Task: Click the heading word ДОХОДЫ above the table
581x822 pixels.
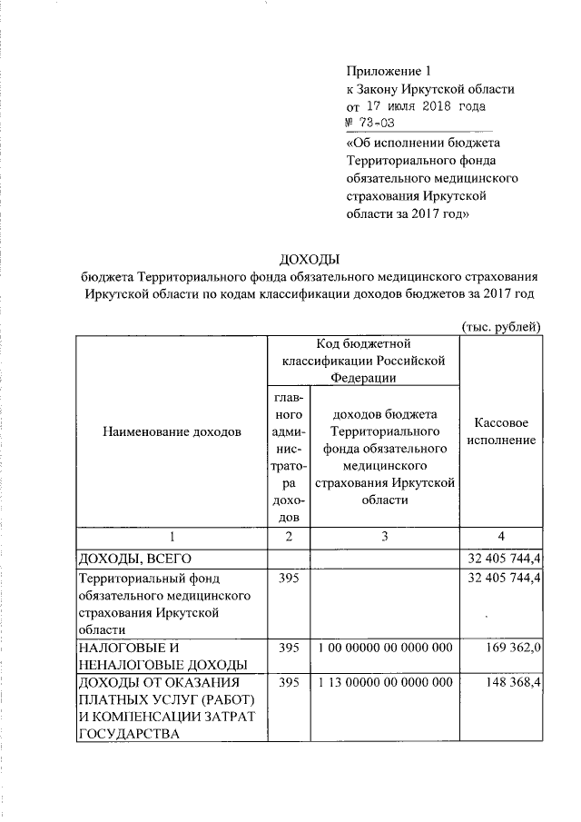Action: click(308, 260)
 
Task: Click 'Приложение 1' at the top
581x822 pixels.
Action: click(386, 71)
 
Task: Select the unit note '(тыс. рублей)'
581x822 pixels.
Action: click(502, 326)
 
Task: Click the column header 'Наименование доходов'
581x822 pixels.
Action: click(172, 431)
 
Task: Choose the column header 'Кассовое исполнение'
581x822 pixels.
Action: click(502, 431)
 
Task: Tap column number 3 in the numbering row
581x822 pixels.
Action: click(384, 537)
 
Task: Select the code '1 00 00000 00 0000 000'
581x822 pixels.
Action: click(384, 649)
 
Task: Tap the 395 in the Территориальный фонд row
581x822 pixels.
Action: click(289, 578)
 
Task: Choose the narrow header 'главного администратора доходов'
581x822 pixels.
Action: click(289, 457)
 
